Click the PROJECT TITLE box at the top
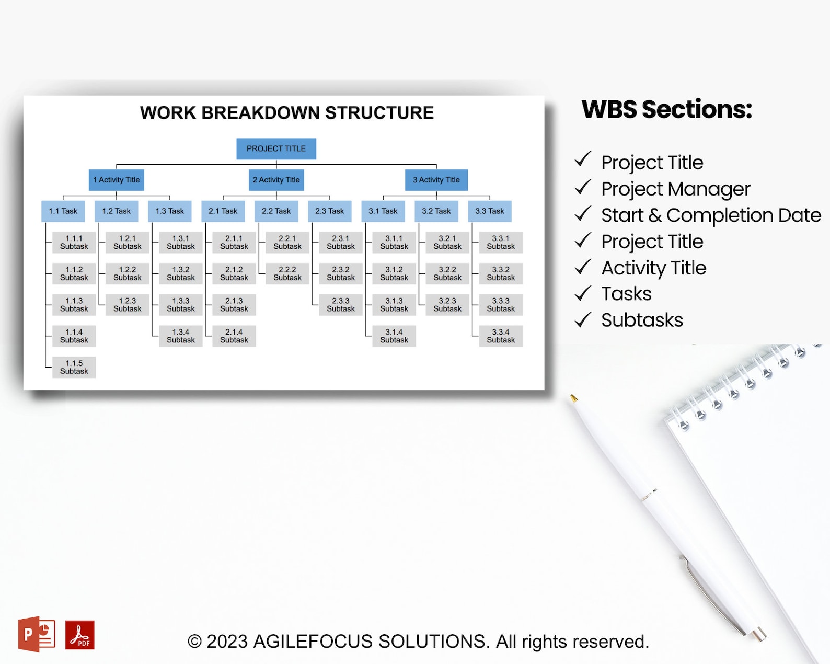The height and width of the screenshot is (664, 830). [x=276, y=149]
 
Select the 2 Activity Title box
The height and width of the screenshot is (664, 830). [x=276, y=180]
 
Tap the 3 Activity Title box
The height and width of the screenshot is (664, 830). [x=436, y=180]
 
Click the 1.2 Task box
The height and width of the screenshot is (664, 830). [x=117, y=211]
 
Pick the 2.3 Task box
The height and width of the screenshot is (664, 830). [x=330, y=211]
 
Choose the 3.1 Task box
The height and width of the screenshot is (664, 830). [x=383, y=211]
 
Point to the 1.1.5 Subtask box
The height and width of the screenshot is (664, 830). [x=74, y=367]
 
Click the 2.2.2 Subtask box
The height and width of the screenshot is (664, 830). [x=287, y=273]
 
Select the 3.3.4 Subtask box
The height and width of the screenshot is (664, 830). [x=501, y=336]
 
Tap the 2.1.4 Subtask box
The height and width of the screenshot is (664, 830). [x=234, y=336]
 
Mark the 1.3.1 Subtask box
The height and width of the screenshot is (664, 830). [x=181, y=243]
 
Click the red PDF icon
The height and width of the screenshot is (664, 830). [x=80, y=635]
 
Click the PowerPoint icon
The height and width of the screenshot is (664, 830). [x=37, y=634]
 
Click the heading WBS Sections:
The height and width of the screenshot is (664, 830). [x=667, y=110]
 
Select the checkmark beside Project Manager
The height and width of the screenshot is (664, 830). [x=583, y=187]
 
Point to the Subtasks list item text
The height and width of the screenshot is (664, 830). [x=642, y=320]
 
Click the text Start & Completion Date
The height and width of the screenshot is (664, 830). [x=711, y=215]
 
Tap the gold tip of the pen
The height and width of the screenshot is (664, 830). [x=573, y=398]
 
